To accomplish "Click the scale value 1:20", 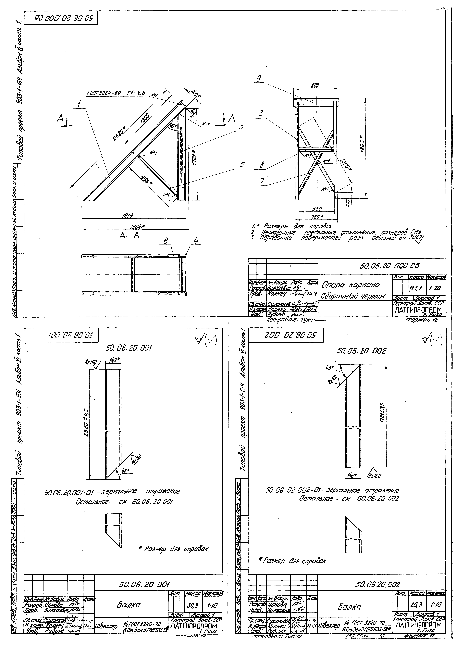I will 435,288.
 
